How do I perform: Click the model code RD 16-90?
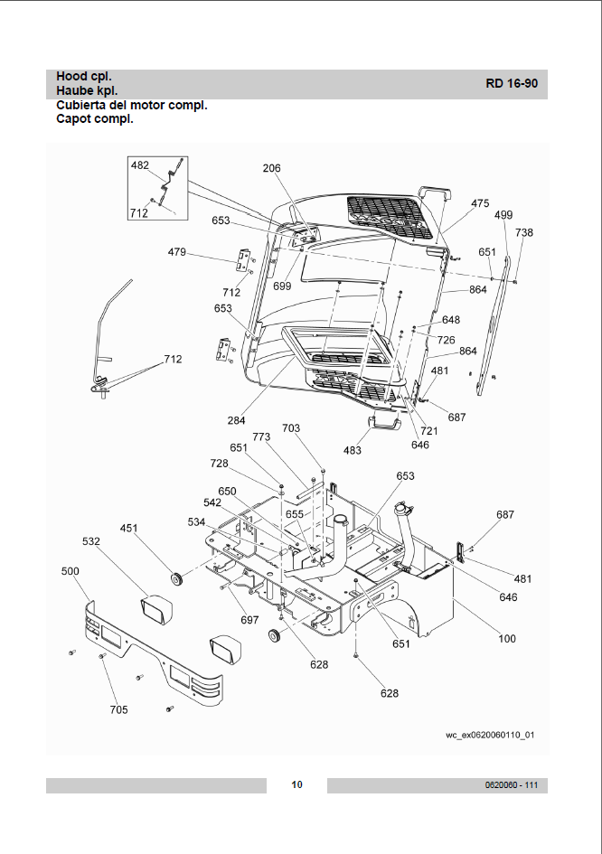coord(512,83)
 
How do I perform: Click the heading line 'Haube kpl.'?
coord(87,91)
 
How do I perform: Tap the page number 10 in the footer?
coord(296,784)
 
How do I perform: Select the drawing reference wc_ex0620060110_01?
coord(490,736)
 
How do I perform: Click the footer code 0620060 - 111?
coord(511,784)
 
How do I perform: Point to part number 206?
coord(271,168)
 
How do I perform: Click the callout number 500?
coord(70,571)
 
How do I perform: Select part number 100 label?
coord(507,638)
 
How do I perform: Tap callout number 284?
coord(236,420)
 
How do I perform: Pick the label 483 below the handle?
coord(353,450)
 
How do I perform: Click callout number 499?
coord(503,215)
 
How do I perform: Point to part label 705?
coord(118,709)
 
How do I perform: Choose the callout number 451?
coord(128,529)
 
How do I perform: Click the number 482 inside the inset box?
coord(140,165)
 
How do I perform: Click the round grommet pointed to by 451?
coord(176,579)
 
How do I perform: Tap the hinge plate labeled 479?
coord(243,261)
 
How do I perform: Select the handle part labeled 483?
coord(385,423)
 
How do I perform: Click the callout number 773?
coord(261,436)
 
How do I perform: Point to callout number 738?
coord(524,232)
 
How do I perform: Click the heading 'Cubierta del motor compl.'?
coord(132,105)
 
